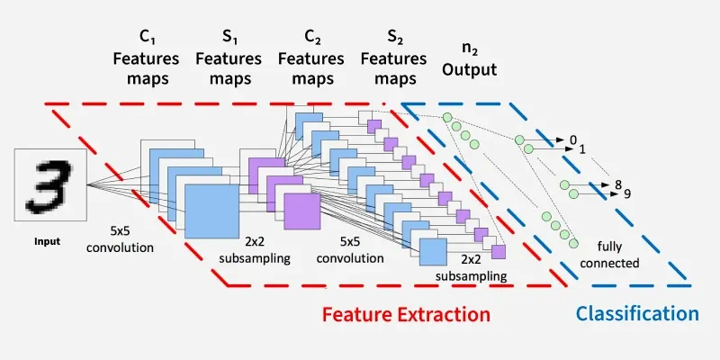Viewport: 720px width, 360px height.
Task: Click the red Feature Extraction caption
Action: (406, 315)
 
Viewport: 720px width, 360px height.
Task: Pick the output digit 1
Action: (582, 148)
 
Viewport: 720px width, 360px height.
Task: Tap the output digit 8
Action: (618, 184)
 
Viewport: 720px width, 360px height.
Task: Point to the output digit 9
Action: (626, 193)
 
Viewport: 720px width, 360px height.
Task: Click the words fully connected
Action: (616, 254)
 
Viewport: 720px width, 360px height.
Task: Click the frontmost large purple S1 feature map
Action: (301, 212)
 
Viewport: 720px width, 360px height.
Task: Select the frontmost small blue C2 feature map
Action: (433, 251)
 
